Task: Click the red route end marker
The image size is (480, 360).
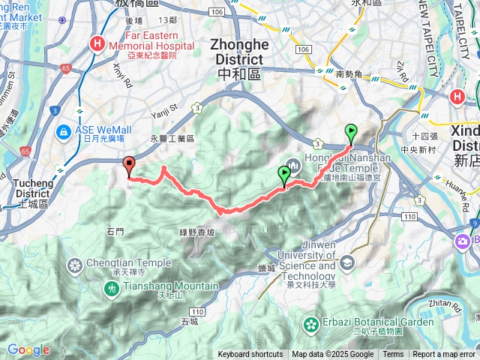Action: click(128, 166)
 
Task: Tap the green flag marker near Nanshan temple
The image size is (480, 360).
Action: click(350, 133)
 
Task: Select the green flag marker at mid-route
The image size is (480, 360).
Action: click(284, 174)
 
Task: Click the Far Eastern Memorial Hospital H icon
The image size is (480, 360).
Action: click(97, 44)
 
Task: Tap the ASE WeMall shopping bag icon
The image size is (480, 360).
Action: click(65, 133)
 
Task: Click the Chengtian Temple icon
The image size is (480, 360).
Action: click(74, 265)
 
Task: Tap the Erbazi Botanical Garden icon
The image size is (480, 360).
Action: click(310, 324)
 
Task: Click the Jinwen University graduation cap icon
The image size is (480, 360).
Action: click(347, 262)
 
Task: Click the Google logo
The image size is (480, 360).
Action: click(28, 349)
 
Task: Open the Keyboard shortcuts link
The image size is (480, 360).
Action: click(250, 355)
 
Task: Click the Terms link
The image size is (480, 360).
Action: click(393, 355)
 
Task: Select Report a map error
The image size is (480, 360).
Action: click(445, 355)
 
